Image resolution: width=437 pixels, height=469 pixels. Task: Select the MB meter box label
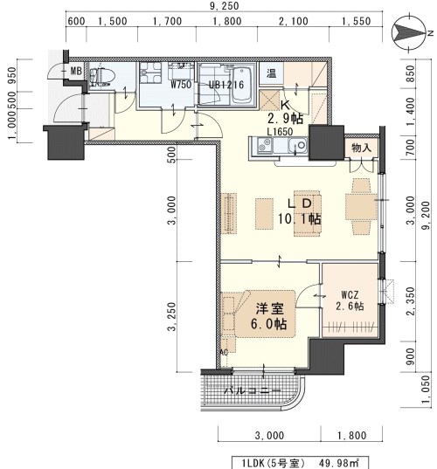[x=76, y=71]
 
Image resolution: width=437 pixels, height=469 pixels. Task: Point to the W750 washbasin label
[x=181, y=85]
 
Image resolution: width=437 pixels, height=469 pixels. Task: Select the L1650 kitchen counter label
[x=281, y=132]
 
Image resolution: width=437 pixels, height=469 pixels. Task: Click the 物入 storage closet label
[x=362, y=148]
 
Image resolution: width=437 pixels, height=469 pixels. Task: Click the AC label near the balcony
[x=224, y=352]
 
